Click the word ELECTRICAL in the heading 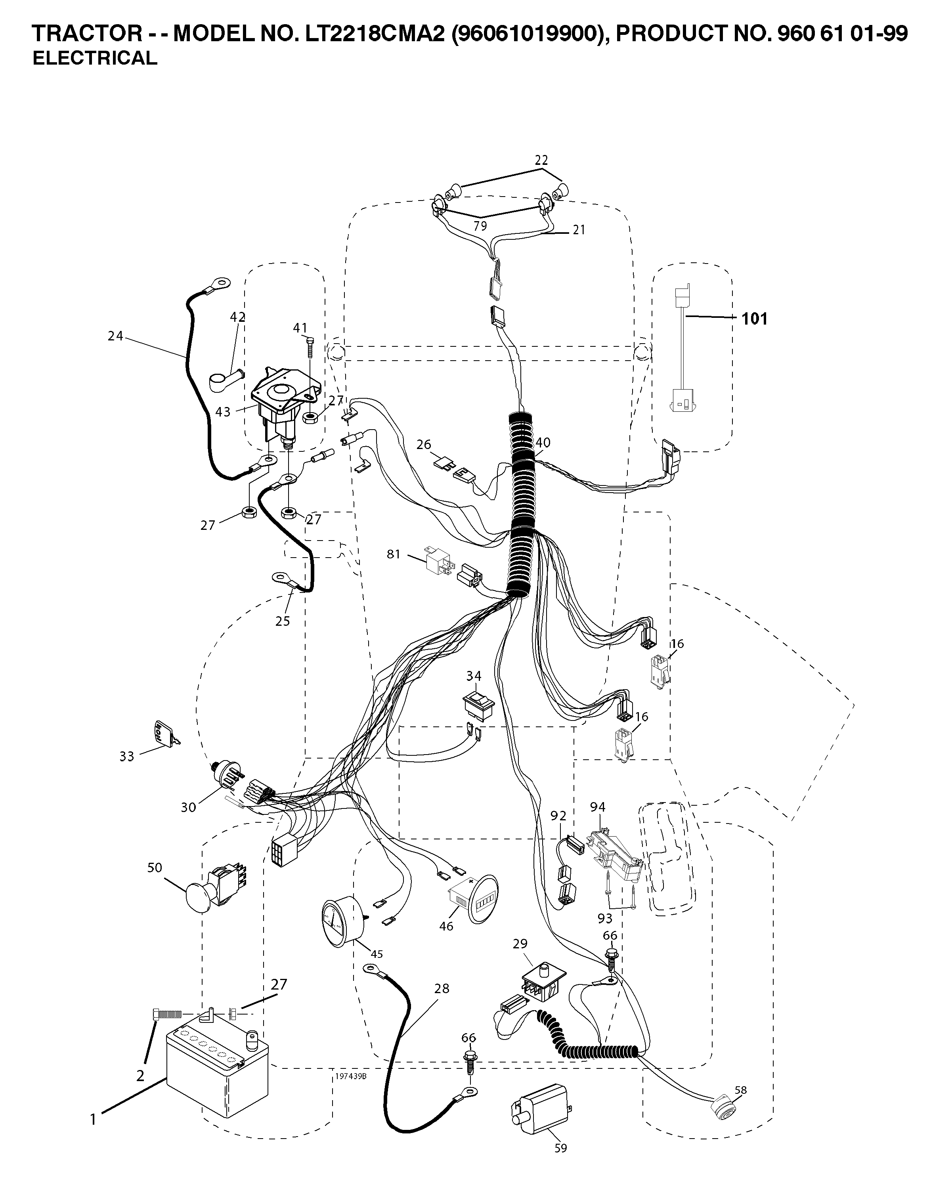click(95, 58)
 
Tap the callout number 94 click(598, 807)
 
